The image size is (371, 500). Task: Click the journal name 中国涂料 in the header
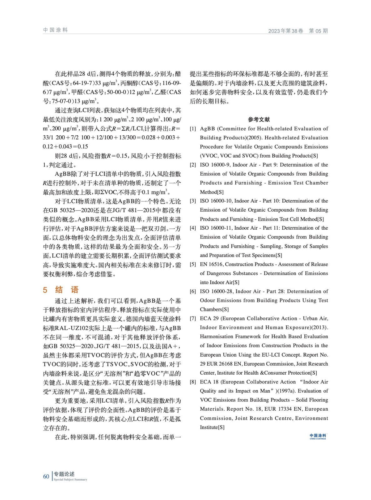click(55, 30)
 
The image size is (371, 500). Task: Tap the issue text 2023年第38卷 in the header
click(286, 31)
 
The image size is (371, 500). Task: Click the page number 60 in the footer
click(46, 476)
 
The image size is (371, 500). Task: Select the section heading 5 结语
click(61, 290)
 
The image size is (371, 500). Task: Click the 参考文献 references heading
click(259, 119)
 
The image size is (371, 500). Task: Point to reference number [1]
click(193, 129)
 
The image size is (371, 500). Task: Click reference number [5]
click(193, 264)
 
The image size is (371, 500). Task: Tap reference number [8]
click(193, 382)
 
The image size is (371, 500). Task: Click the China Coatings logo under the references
click(318, 436)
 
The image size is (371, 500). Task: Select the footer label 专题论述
click(64, 474)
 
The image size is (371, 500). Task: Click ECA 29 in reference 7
click(209, 318)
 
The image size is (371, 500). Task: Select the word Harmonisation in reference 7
click(216, 337)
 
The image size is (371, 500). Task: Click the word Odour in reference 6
click(207, 301)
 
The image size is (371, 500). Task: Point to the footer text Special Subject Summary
click(70, 479)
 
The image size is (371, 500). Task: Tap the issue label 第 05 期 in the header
click(318, 31)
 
